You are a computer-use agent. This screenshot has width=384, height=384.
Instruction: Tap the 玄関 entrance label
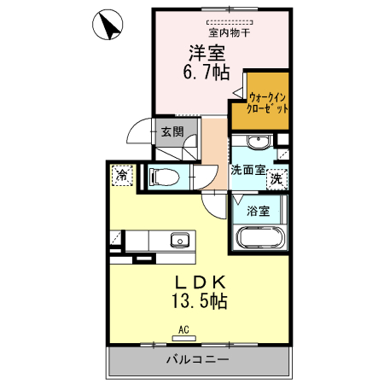coord(172,131)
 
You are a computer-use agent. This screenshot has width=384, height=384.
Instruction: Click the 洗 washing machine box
coord(276,178)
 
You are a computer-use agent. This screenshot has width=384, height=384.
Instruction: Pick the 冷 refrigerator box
coord(122,175)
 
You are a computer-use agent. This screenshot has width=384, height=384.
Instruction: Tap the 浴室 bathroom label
coord(259,210)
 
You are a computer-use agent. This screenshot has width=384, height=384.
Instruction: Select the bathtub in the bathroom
coord(259,240)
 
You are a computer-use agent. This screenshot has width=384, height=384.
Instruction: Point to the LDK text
coord(201,282)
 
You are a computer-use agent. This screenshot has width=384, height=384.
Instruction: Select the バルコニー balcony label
coord(197,360)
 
